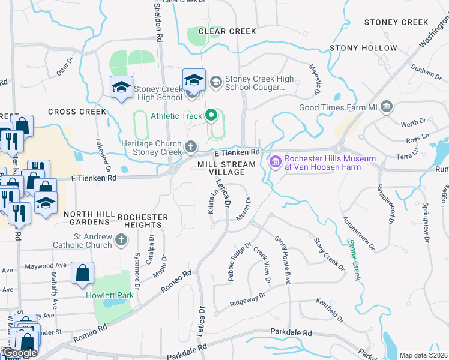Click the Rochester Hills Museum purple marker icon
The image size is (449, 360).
276,162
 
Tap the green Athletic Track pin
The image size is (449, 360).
211,115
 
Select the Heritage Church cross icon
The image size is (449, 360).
191,146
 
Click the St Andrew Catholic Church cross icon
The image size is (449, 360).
121,241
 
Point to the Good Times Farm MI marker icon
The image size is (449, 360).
387,107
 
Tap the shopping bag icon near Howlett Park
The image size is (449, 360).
82,273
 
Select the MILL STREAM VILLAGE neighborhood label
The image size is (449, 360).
222,168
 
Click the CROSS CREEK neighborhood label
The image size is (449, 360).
77,112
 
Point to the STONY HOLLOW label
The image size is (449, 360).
363,48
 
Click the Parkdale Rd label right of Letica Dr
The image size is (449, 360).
291,332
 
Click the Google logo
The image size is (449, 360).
20,353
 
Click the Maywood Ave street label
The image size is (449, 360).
44,265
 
